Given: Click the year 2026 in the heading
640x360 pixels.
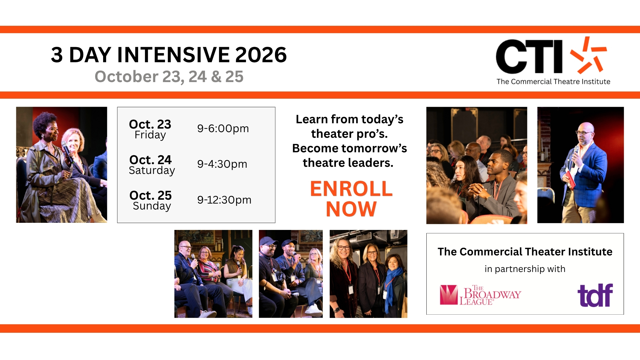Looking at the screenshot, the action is (261, 55).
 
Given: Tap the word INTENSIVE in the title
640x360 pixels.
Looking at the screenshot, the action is (174, 55).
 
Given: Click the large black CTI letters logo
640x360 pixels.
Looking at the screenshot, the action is (529, 56).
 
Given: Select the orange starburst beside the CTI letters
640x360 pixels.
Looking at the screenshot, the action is (588, 55).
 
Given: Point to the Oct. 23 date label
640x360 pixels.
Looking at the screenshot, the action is (150, 124).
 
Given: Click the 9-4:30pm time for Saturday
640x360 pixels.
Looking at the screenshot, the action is (222, 164).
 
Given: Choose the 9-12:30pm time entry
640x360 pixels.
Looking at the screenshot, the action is (224, 200).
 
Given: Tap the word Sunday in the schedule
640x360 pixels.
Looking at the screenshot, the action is (152, 206).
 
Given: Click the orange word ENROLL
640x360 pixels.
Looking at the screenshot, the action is (351, 189).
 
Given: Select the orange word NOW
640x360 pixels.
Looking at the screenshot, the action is (351, 209).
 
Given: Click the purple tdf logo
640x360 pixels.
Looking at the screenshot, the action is (595, 295).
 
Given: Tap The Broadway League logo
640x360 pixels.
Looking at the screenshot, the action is (480, 295).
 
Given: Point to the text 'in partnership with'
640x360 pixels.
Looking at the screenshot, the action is (525, 269).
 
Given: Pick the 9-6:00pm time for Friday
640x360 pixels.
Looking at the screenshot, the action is (223, 129).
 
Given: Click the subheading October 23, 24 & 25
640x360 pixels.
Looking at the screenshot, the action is (169, 77).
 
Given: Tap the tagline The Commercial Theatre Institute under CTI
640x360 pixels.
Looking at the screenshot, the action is (553, 82).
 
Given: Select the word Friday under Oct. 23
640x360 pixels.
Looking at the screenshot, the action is (150, 135).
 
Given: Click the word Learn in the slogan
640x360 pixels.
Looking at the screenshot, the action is (312, 119).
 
